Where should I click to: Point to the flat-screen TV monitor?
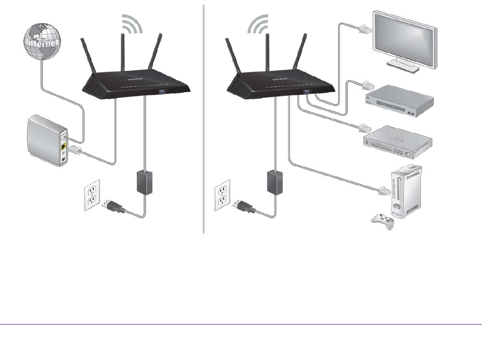tap(406, 38)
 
